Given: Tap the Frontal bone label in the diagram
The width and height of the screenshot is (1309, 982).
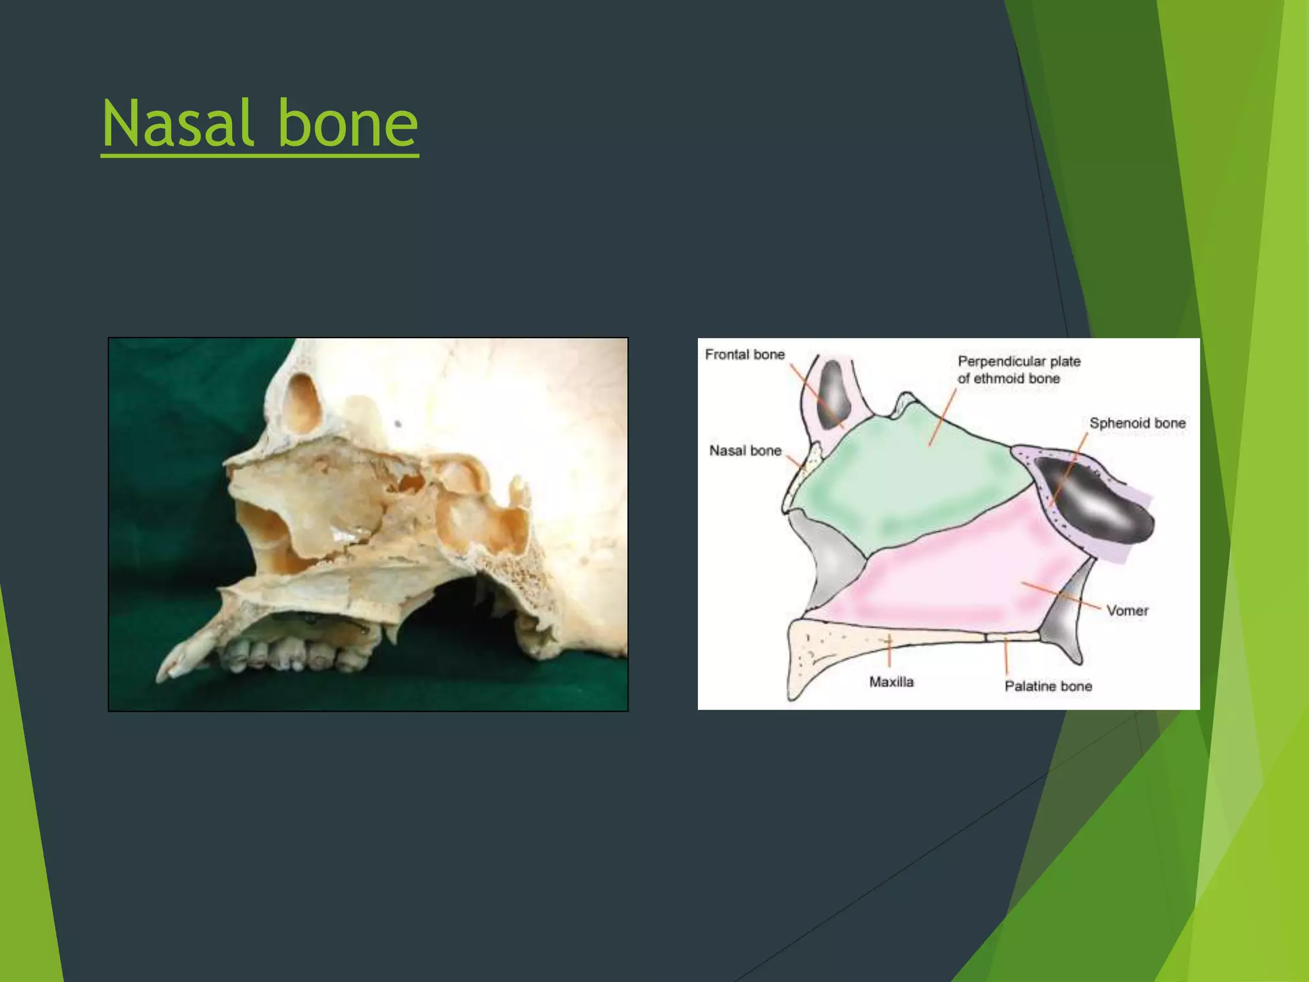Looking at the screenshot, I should pyautogui.click(x=745, y=354).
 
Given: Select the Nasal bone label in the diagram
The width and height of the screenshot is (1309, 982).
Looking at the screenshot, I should pyautogui.click(x=745, y=451).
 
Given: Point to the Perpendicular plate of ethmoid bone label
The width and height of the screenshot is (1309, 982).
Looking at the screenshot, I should pyautogui.click(x=1018, y=370).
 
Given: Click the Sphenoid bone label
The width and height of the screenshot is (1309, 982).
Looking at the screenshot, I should pyautogui.click(x=1137, y=423).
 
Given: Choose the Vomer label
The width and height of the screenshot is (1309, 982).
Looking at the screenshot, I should pyautogui.click(x=1127, y=611).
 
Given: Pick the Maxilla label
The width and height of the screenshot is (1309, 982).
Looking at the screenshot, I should pyautogui.click(x=891, y=682).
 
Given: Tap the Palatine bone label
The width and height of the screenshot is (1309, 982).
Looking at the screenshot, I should pyautogui.click(x=1048, y=686).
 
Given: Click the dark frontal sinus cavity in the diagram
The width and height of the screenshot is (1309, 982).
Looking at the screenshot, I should pyautogui.click(x=833, y=393).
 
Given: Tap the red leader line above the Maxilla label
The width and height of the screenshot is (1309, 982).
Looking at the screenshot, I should pyautogui.click(x=889, y=652).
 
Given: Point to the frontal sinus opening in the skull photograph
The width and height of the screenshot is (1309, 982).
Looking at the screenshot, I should pyautogui.click(x=302, y=403).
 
